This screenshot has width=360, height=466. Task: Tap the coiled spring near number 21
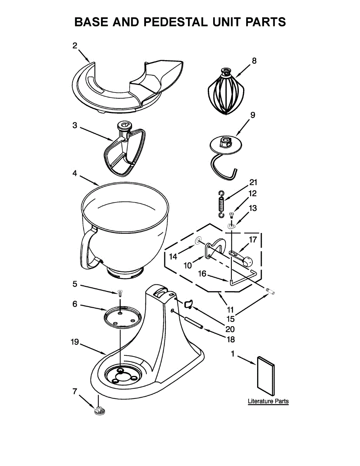[x=221, y=204]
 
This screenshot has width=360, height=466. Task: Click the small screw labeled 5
[x=120, y=292]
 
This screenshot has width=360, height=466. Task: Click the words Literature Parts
[x=268, y=401]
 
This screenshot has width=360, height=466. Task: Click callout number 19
[x=75, y=342]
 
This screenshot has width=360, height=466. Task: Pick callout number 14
[x=173, y=256]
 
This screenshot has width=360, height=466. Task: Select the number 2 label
[x=75, y=45]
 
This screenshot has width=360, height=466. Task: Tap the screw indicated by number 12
[x=231, y=214]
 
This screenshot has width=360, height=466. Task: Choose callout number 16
[x=202, y=274]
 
